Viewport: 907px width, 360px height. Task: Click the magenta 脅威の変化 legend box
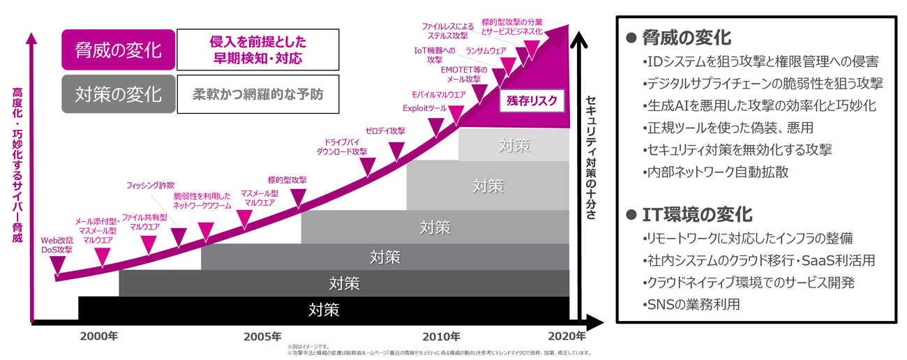[x=117, y=50]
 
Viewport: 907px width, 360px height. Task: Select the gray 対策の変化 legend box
[x=117, y=93]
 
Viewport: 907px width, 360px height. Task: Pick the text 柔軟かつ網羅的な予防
[x=258, y=93]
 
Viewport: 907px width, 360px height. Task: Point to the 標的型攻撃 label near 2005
[x=287, y=179]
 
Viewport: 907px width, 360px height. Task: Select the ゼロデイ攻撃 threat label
[x=385, y=130]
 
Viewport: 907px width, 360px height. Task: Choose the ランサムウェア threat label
[x=486, y=51]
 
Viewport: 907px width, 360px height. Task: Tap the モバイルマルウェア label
[x=437, y=94]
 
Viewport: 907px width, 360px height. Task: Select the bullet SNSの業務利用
[x=690, y=304]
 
